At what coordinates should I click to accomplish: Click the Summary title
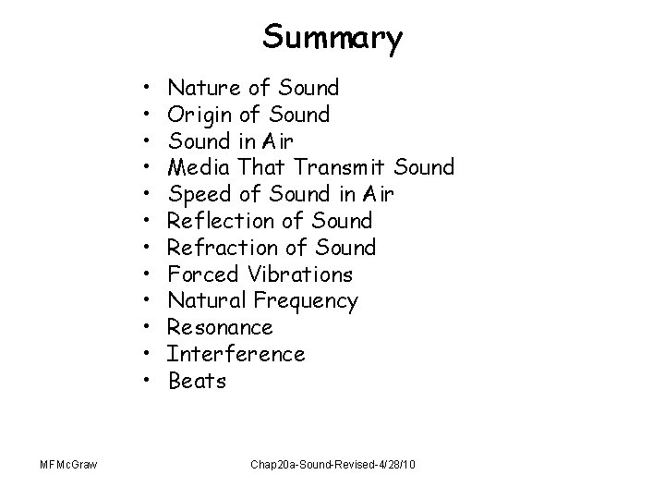coord(332,38)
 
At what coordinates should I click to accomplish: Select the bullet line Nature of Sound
coord(254,89)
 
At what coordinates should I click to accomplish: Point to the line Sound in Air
coord(232,141)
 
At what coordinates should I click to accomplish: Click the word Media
coord(199,168)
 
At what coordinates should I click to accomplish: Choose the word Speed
coord(199,195)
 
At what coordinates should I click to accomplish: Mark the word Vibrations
coord(299,274)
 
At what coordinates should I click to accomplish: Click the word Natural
coord(207,301)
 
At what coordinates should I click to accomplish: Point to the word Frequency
coord(305,301)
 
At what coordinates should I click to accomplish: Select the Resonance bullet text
coord(220,328)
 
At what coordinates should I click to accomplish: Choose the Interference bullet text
coord(236,354)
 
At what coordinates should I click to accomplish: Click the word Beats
coord(197,381)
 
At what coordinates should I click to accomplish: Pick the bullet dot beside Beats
coord(149,381)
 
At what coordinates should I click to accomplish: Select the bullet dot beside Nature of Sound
coord(149,89)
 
